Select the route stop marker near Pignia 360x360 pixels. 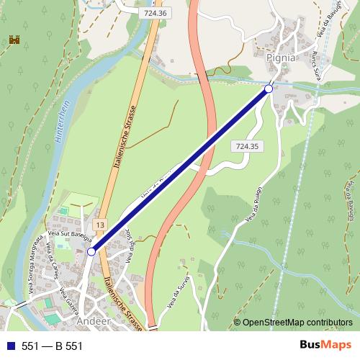tap(269, 89)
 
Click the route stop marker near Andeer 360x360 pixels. tap(91, 251)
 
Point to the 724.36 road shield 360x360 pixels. tap(155, 12)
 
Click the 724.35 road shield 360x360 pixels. tap(246, 146)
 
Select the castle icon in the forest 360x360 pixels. tap(12, 41)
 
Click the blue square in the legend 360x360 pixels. tap(9, 346)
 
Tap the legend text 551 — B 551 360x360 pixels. tap(52, 346)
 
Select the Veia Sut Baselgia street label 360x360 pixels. tap(69, 234)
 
